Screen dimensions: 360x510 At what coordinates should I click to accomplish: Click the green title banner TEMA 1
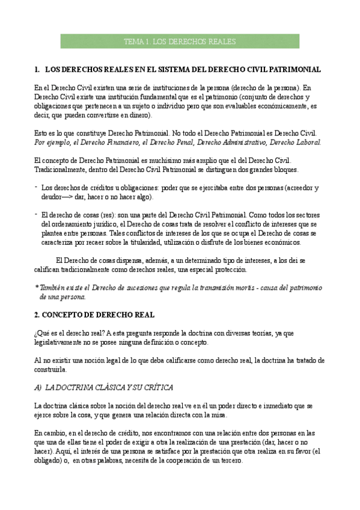pos(180,41)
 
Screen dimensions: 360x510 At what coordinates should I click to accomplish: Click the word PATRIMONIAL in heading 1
pos(294,70)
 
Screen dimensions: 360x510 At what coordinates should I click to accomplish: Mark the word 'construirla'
pos(50,369)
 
